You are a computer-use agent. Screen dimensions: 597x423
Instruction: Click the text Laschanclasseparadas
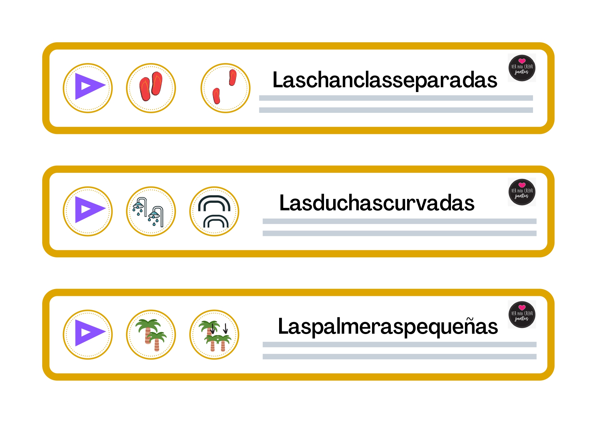pyautogui.click(x=385, y=80)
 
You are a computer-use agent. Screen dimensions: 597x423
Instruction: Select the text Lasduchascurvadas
pyautogui.click(x=377, y=203)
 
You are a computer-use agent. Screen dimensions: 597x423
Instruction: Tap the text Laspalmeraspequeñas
pyautogui.click(x=388, y=327)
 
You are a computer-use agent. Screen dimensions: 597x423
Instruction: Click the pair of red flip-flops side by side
pyautogui.click(x=151, y=86)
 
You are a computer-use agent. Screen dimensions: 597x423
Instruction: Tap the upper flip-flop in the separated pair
pyautogui.click(x=233, y=77)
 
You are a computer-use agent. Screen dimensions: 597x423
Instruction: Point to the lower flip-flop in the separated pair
pyautogui.click(x=216, y=96)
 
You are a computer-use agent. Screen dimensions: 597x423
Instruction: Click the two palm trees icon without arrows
pyautogui.click(x=151, y=335)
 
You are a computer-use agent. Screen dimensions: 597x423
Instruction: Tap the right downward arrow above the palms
pyautogui.click(x=225, y=329)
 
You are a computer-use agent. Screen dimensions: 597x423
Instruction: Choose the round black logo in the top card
pyautogui.click(x=522, y=68)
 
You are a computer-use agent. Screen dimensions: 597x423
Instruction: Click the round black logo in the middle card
pyautogui.click(x=522, y=192)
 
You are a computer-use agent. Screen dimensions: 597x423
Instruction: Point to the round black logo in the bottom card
pyautogui.click(x=522, y=315)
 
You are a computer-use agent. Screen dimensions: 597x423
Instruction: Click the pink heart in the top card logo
pyautogui.click(x=522, y=61)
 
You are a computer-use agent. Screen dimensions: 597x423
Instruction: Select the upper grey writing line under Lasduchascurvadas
pyautogui.click(x=400, y=221)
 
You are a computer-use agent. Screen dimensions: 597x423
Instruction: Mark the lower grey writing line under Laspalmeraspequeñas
pyautogui.click(x=400, y=357)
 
